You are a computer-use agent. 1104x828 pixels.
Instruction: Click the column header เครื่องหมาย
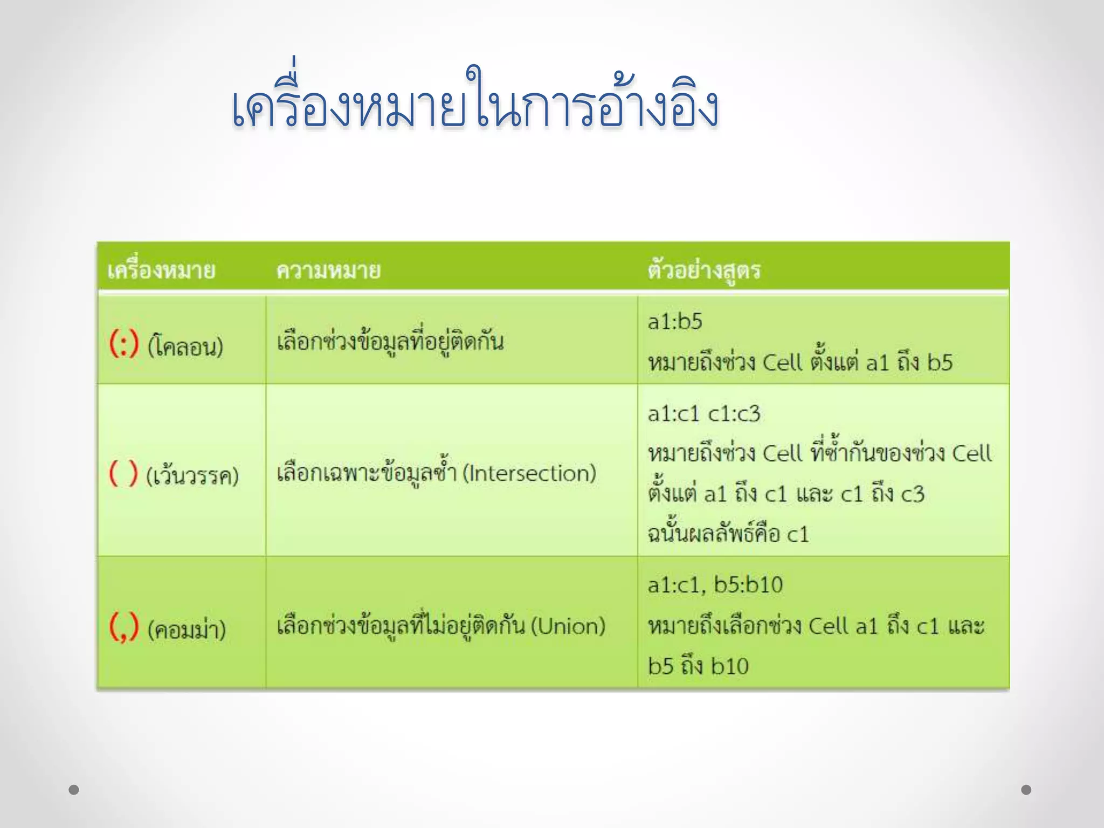coord(161,270)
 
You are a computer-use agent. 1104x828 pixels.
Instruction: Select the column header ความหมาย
coord(328,270)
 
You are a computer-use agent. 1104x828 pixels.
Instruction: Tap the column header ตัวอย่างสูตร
coord(704,270)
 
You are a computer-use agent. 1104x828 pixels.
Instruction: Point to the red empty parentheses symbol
coord(123,474)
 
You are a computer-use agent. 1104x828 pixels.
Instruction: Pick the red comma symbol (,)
coord(124,627)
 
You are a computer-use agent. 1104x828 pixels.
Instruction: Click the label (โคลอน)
coord(185,346)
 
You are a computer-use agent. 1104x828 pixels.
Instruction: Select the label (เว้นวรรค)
coord(192,476)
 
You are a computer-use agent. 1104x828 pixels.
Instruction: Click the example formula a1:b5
coord(675,322)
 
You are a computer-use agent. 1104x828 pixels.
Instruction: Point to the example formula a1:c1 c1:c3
coord(704,414)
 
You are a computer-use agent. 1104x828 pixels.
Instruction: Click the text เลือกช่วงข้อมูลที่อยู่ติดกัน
coord(390,342)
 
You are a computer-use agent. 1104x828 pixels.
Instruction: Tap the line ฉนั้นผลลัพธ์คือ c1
coord(728,534)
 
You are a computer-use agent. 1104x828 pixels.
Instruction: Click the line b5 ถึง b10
coord(698,666)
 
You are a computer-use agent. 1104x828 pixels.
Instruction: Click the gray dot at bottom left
coord(74,790)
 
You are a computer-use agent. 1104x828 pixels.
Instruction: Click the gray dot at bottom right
coord(1026,790)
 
